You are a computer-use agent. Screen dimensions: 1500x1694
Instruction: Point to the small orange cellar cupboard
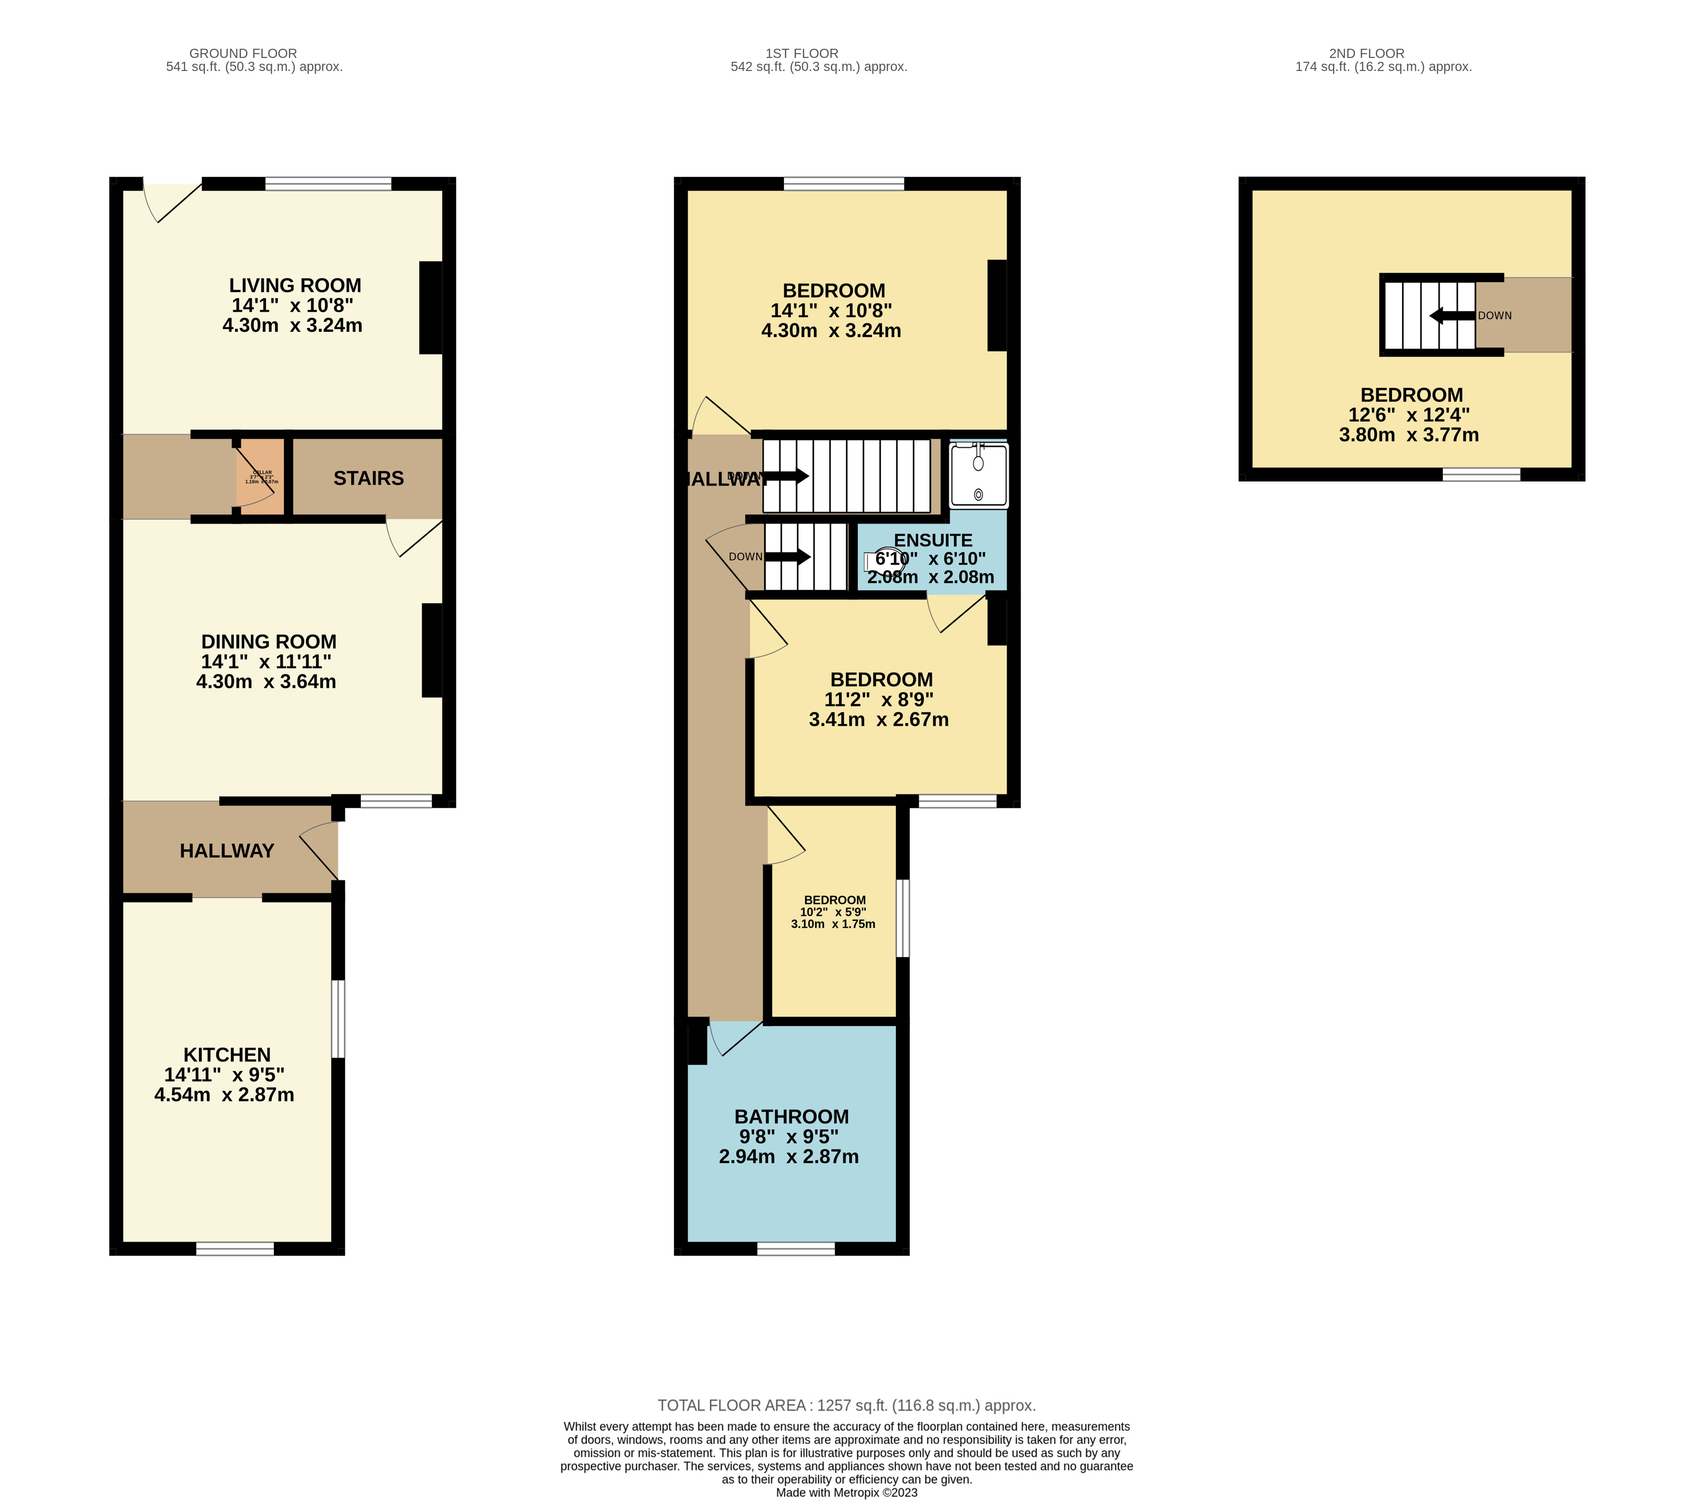point(260,477)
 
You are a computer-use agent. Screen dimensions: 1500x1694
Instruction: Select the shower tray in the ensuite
point(978,475)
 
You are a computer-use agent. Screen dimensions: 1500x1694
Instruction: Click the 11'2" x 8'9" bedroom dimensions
point(879,699)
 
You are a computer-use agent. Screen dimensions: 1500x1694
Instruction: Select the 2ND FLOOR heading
point(1366,53)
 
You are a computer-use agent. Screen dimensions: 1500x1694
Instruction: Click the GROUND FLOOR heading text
point(243,53)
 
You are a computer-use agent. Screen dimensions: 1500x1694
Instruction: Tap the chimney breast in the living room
point(430,308)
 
